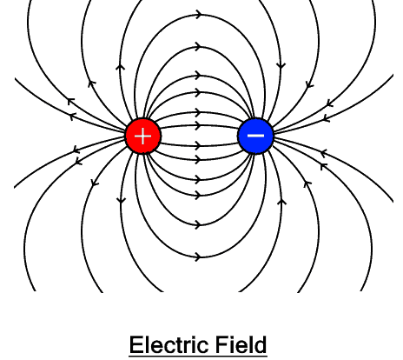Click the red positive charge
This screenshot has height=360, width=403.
click(x=143, y=136)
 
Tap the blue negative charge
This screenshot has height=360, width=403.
click(x=255, y=136)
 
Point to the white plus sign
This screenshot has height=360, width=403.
click(x=143, y=136)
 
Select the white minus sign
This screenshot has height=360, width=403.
click(x=255, y=136)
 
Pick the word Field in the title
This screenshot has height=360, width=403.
click(x=238, y=344)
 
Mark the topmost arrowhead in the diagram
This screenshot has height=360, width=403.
click(x=200, y=15)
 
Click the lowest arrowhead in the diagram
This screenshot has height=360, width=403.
click(x=199, y=257)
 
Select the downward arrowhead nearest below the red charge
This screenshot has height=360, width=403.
click(x=121, y=201)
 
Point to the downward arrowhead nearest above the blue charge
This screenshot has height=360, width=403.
click(x=281, y=65)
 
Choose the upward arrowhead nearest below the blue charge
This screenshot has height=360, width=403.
click(x=281, y=202)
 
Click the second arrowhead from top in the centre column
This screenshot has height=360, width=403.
click(x=200, y=45)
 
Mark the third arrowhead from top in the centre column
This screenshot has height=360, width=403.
click(x=200, y=75)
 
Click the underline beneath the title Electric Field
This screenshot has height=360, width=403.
click(x=197, y=355)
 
